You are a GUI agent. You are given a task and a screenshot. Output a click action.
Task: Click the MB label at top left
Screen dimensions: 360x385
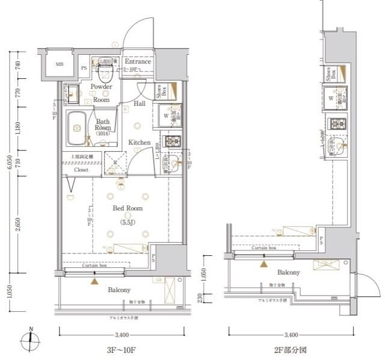(60, 64)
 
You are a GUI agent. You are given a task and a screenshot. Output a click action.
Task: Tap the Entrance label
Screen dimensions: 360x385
(138, 62)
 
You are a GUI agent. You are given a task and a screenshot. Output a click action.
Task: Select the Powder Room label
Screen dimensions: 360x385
(101, 93)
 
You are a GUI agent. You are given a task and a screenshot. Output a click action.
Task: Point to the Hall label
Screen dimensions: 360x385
(140, 104)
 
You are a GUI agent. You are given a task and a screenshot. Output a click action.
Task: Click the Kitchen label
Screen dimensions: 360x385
(139, 143)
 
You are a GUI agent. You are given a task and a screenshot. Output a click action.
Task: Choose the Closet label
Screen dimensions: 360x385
(81, 170)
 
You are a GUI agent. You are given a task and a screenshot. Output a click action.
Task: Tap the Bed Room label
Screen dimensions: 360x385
(128, 208)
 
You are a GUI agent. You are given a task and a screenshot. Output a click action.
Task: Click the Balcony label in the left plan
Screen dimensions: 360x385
(119, 290)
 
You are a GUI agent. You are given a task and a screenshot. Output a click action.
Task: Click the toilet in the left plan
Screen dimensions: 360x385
(107, 75)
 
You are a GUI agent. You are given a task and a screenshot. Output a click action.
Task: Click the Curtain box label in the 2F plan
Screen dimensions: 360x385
(264, 247)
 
